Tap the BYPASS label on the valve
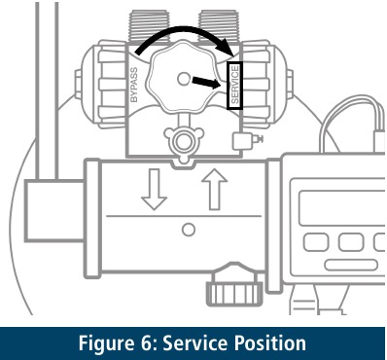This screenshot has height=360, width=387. point(135,86)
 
